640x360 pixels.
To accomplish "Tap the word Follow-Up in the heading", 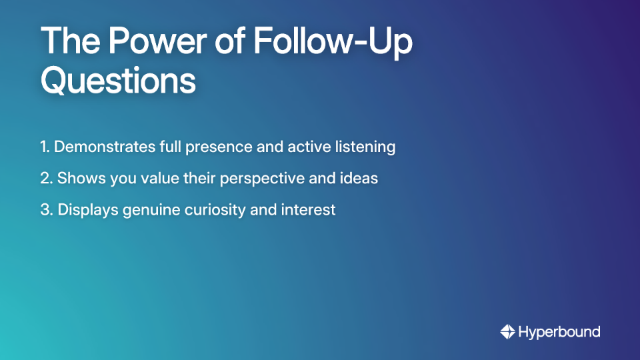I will point(333,43).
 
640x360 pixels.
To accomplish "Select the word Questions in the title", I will point(118,81).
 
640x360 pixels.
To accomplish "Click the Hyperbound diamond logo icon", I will point(507,331).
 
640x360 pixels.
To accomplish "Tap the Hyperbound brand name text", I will point(559,332).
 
